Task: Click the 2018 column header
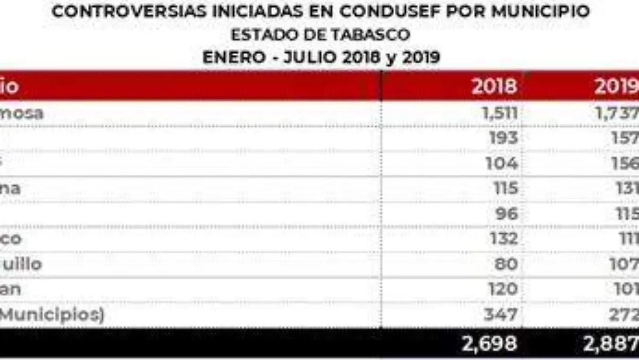tap(494, 86)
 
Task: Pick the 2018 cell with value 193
tap(503, 138)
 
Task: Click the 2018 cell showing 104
tap(501, 163)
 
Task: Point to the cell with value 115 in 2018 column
tap(504, 188)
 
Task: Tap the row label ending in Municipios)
tap(51, 314)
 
